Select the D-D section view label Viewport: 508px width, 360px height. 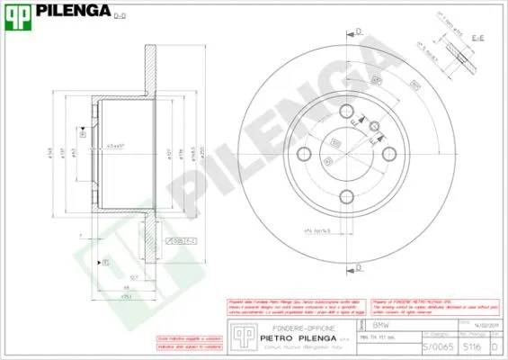click(120, 15)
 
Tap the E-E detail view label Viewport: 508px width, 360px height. click(478, 38)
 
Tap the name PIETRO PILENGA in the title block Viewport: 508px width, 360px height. click(298, 338)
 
